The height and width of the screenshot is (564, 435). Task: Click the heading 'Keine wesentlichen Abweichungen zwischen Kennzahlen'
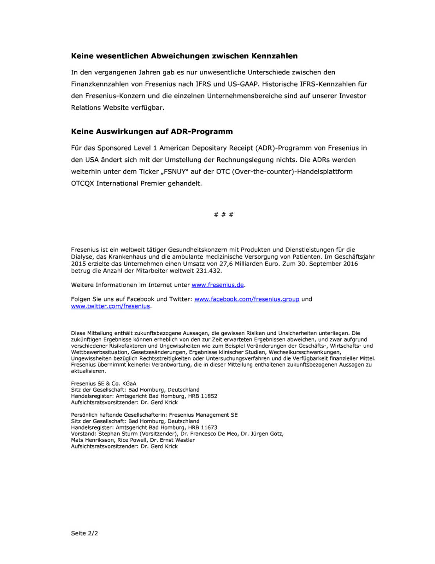tap(184, 56)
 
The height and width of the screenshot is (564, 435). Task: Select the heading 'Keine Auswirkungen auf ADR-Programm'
tap(152, 132)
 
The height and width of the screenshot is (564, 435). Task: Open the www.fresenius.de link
tap(217, 285)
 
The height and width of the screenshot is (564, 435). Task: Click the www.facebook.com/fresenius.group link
tap(246, 299)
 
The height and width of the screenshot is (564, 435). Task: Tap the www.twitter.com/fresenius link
tap(110, 306)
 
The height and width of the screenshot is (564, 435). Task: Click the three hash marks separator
tap(224, 215)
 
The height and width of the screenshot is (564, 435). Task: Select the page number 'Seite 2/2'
tap(84, 533)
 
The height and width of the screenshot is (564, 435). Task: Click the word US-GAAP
tap(243, 84)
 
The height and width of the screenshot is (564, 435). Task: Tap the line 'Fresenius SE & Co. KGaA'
tap(104, 383)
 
